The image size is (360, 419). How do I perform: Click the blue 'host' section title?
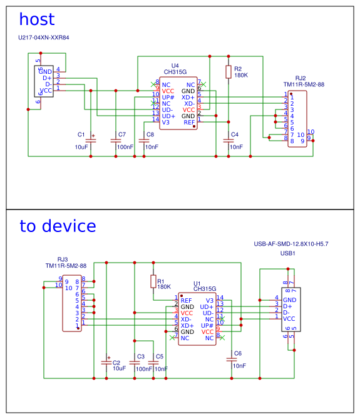click(37, 20)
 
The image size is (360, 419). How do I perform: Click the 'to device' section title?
click(58, 226)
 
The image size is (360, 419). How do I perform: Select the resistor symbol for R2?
click(229, 72)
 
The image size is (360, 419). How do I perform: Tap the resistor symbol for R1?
click(153, 281)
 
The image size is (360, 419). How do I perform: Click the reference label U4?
click(175, 66)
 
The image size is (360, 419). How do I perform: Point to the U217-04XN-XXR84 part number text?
click(44, 38)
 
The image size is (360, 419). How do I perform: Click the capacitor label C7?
click(121, 134)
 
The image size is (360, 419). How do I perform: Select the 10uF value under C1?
click(81, 147)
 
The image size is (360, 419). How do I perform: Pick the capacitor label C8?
click(150, 134)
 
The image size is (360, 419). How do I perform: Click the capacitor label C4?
click(235, 134)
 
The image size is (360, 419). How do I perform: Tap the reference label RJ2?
click(301, 78)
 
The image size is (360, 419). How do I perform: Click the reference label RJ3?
click(63, 259)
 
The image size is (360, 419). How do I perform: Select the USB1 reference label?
click(287, 253)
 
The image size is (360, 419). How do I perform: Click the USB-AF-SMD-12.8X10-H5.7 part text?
click(291, 244)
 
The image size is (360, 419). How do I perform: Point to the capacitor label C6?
click(237, 353)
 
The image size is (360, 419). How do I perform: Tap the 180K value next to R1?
click(164, 286)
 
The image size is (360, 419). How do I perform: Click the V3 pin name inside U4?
click(165, 122)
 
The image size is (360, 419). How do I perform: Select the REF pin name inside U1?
click(187, 301)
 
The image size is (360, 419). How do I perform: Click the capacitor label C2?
click(116, 362)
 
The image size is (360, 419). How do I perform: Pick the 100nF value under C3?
click(144, 369)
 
